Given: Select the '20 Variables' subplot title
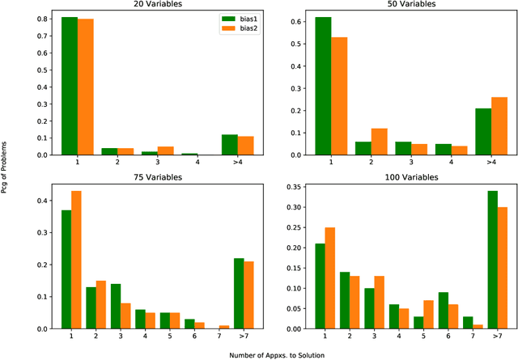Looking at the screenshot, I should click(x=141, y=4).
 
